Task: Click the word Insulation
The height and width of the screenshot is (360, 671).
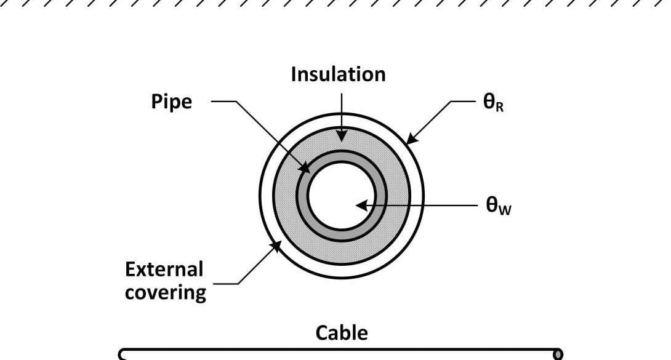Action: (338, 74)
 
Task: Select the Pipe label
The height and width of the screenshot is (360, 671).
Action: (171, 102)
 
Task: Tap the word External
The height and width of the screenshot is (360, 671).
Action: (164, 270)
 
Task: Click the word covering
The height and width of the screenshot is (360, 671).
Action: (165, 292)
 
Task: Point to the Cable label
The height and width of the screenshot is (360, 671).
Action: (342, 333)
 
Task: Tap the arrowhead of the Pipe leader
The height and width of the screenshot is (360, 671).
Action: (303, 167)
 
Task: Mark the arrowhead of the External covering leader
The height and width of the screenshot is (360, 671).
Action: (276, 246)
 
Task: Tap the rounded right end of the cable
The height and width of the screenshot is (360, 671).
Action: (558, 354)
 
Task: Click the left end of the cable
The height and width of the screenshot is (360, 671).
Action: (122, 354)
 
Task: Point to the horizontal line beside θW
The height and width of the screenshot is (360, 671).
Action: (431, 205)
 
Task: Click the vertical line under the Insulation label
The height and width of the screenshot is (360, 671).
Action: (342, 108)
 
